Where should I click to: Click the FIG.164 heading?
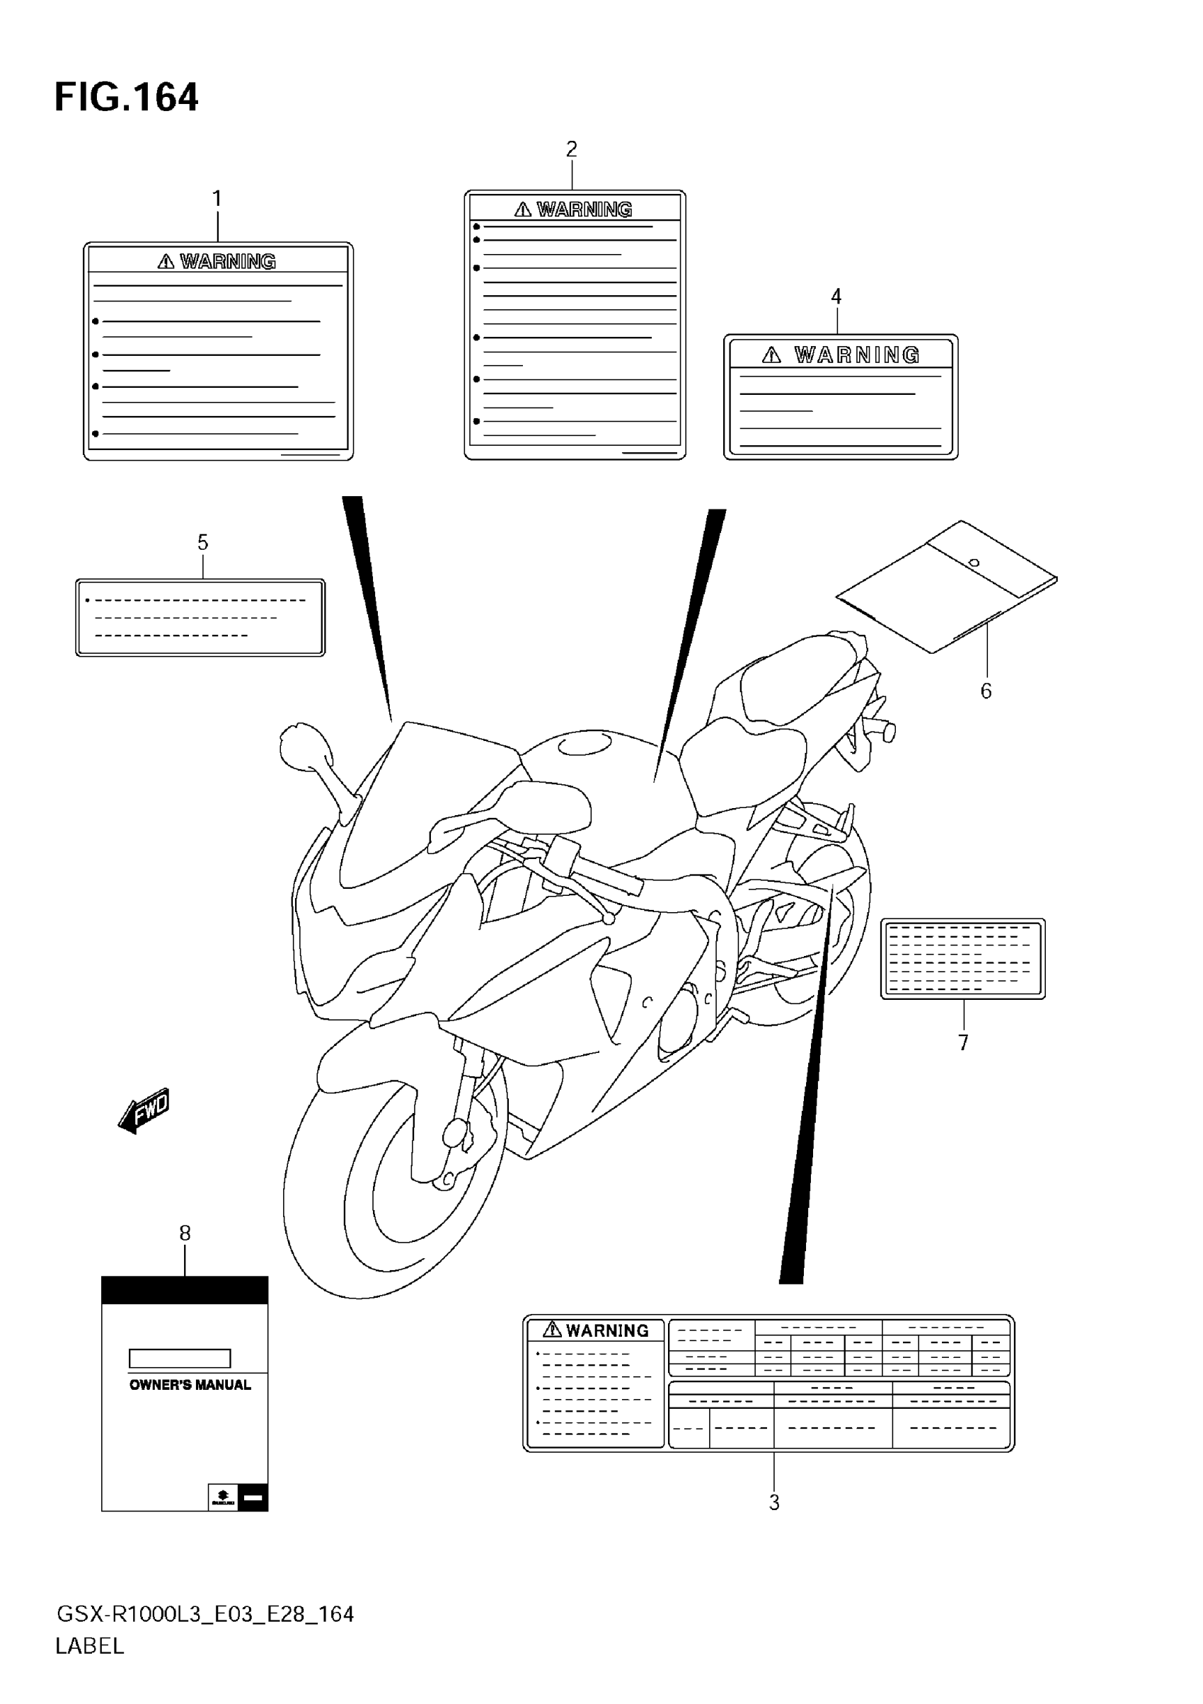click(126, 98)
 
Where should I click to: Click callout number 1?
click(217, 199)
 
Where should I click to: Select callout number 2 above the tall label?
click(572, 149)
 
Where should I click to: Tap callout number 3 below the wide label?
click(774, 1503)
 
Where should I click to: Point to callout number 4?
click(836, 297)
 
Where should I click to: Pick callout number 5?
click(202, 543)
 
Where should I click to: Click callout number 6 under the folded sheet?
click(986, 691)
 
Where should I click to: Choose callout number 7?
click(963, 1043)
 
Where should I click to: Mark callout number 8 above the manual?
click(185, 1233)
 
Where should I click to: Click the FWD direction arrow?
click(146, 1111)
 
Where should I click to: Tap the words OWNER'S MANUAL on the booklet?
click(190, 1385)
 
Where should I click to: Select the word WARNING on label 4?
click(857, 355)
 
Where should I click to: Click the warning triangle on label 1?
click(166, 261)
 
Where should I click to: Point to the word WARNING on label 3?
click(607, 1330)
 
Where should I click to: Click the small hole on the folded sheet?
click(974, 563)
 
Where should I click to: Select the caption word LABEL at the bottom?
click(90, 1646)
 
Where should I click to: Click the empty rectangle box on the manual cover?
click(180, 1358)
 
